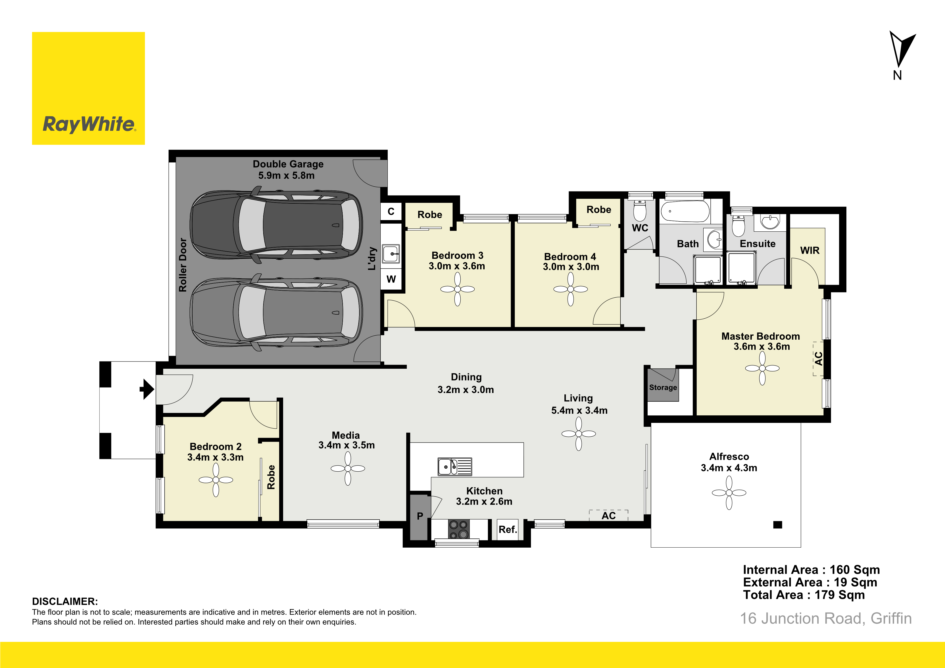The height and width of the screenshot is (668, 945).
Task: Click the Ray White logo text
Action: point(89,124)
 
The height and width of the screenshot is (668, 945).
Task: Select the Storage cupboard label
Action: point(663,387)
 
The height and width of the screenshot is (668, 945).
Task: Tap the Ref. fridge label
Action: point(508,529)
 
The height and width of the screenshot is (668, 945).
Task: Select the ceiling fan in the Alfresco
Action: point(729,493)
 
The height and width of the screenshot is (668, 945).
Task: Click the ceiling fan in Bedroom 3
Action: point(457,289)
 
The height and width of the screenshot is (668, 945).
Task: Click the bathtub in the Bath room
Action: point(685,211)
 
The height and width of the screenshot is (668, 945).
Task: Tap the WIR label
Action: point(809,250)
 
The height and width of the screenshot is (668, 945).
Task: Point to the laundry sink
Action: point(391,253)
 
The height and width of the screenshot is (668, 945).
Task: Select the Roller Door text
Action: point(183,265)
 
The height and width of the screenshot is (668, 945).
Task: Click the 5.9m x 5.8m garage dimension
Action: point(286,175)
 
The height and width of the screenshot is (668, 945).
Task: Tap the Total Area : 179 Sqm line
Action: point(804,595)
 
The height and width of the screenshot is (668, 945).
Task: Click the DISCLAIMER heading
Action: point(65,601)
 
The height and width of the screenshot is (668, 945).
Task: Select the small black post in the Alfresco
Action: point(777,525)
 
